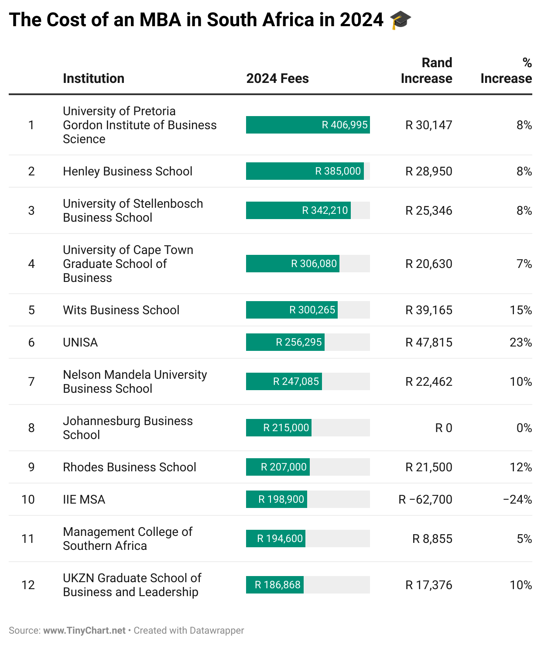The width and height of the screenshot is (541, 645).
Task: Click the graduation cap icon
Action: coord(400,21)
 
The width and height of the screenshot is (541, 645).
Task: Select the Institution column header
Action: coord(93,79)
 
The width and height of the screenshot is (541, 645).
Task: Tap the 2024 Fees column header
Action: coord(277,79)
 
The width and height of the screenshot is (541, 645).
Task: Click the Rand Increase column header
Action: coord(426,71)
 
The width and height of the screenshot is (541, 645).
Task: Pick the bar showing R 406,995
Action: coord(308,125)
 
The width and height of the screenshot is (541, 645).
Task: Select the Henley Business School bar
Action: coord(305,171)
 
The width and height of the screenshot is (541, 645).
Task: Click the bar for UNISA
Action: coord(285,342)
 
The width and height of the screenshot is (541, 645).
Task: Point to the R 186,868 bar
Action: coord(274,585)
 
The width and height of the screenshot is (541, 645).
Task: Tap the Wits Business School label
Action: coord(121,310)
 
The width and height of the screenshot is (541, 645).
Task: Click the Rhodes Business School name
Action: coord(129,467)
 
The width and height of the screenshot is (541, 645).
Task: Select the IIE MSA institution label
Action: coord(84,500)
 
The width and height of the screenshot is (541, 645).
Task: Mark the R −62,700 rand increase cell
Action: coord(425,500)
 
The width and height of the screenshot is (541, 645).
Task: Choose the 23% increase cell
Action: coord(520,343)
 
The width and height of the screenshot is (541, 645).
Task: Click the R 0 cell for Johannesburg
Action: coord(443,428)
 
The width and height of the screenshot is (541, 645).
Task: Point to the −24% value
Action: coord(517,500)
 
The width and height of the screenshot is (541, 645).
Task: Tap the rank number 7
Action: coord(31,382)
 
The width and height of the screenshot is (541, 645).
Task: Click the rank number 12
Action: coord(28,585)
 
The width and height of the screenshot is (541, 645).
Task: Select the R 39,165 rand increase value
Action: coord(428,310)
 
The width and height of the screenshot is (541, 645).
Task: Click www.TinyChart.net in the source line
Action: coord(84,631)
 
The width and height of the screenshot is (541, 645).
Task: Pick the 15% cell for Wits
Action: coord(520,310)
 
